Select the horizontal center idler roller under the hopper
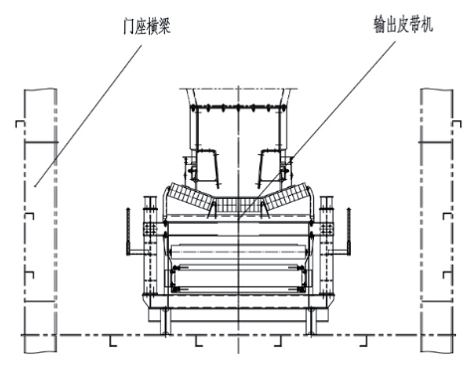click(x=238, y=214)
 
